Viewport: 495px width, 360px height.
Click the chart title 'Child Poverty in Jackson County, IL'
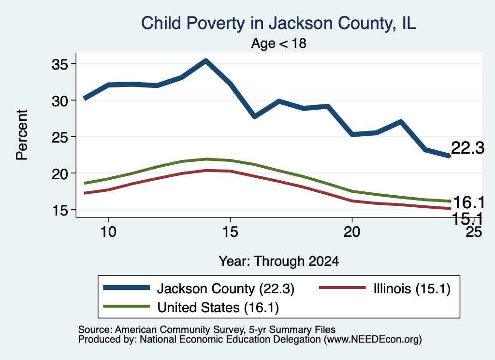pyautogui.click(x=278, y=23)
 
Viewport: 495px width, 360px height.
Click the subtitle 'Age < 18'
pyautogui.click(x=279, y=43)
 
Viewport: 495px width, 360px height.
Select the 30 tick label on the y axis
pyautogui.click(x=60, y=101)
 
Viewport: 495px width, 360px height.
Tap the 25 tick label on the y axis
pyautogui.click(x=60, y=137)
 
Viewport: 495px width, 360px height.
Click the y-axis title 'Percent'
pyautogui.click(x=22, y=135)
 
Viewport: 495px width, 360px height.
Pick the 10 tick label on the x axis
pyautogui.click(x=108, y=232)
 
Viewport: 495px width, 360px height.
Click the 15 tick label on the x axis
pyautogui.click(x=230, y=232)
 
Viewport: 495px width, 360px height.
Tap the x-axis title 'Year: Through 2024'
pyautogui.click(x=279, y=261)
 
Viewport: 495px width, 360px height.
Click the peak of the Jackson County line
pyautogui.click(x=206, y=60)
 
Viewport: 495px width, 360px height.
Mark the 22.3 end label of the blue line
pyautogui.click(x=468, y=148)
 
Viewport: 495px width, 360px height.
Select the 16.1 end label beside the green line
pyautogui.click(x=469, y=202)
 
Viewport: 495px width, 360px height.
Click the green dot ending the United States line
pyautogui.click(x=450, y=201)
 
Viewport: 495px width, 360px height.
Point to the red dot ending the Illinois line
pyautogui.click(x=450, y=209)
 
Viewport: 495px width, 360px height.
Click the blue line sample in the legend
pyautogui.click(x=126, y=288)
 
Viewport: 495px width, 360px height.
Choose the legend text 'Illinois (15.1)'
pyautogui.click(x=412, y=288)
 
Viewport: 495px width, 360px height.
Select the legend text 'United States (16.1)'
pyautogui.click(x=218, y=308)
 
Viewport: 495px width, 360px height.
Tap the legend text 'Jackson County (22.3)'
pyautogui.click(x=226, y=288)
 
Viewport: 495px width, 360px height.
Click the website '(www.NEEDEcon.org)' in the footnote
pyautogui.click(x=373, y=340)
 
